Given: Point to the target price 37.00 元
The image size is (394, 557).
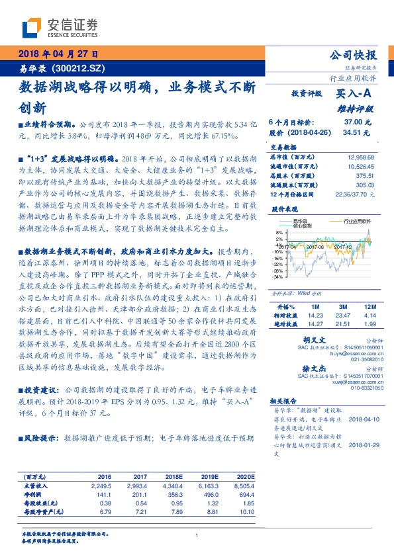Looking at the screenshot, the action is (x=358, y=122).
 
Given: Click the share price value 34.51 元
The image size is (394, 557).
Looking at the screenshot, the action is (x=358, y=132).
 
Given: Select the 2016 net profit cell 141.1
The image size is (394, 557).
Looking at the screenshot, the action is (x=105, y=494).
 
